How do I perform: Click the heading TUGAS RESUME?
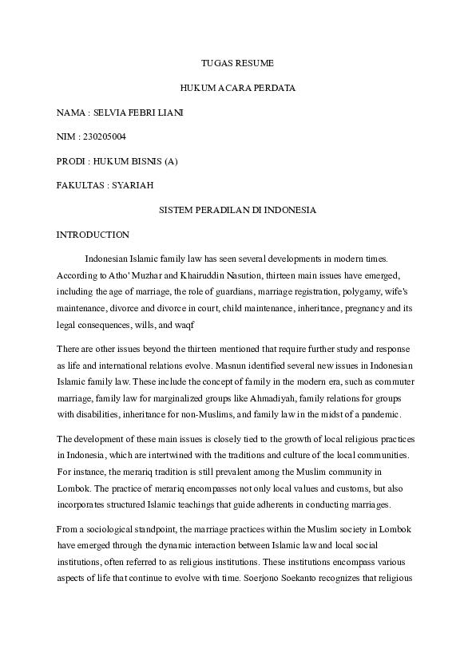(x=237, y=62)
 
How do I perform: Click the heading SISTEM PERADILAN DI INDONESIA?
(x=237, y=210)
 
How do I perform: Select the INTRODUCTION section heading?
(x=93, y=235)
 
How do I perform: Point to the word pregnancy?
(x=380, y=307)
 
